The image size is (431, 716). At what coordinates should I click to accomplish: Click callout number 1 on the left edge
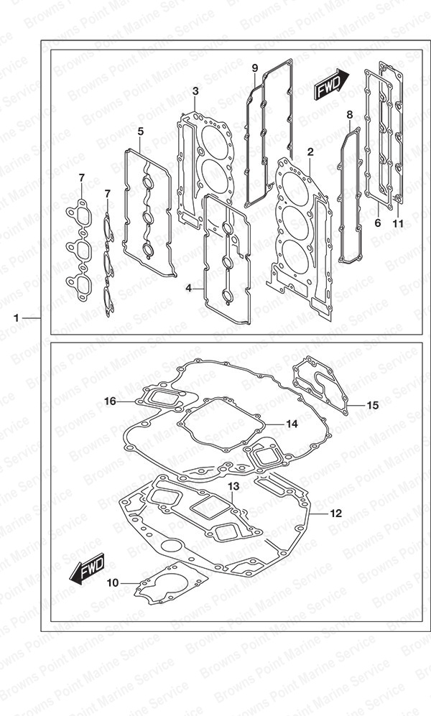tap(17, 318)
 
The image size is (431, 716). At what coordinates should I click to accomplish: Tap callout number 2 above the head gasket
tap(310, 152)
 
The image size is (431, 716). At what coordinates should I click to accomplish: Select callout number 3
tap(195, 91)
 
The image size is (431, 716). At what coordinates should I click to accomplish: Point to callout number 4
tap(188, 289)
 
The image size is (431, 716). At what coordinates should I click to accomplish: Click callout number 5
tap(141, 131)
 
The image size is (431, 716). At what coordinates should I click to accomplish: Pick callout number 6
tap(378, 223)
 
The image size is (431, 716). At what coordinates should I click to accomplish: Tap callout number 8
tap(350, 114)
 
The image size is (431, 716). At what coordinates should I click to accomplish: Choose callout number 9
tap(255, 68)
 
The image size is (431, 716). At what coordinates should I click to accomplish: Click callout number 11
tap(398, 223)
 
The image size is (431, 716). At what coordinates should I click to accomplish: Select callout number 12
tap(335, 513)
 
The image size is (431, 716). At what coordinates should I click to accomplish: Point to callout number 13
tap(233, 487)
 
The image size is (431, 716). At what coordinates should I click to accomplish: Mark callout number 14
tap(292, 424)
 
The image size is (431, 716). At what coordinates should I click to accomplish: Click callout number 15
tap(373, 405)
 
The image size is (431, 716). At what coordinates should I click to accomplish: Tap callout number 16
tap(110, 401)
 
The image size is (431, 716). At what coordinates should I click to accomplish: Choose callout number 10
tap(113, 582)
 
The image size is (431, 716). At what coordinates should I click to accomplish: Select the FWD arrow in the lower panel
tap(87, 569)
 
